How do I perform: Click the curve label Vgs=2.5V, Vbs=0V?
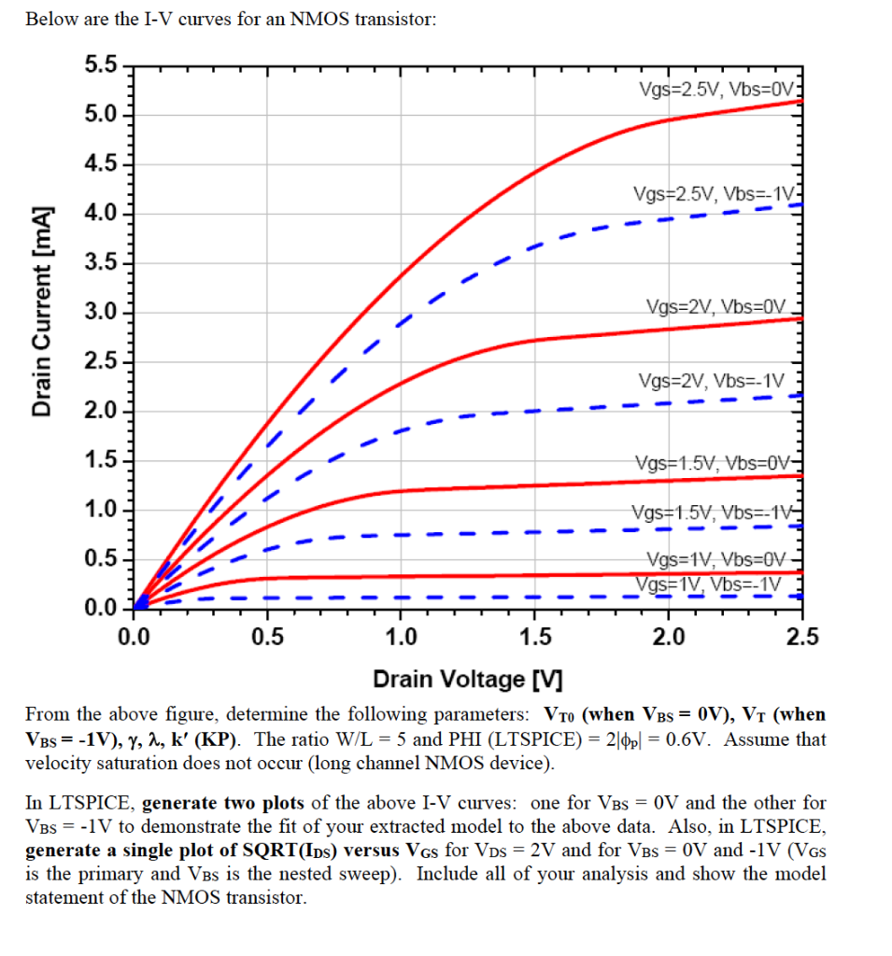[716, 90]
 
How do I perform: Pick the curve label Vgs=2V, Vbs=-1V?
[713, 381]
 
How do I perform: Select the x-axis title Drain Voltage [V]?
[461, 679]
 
